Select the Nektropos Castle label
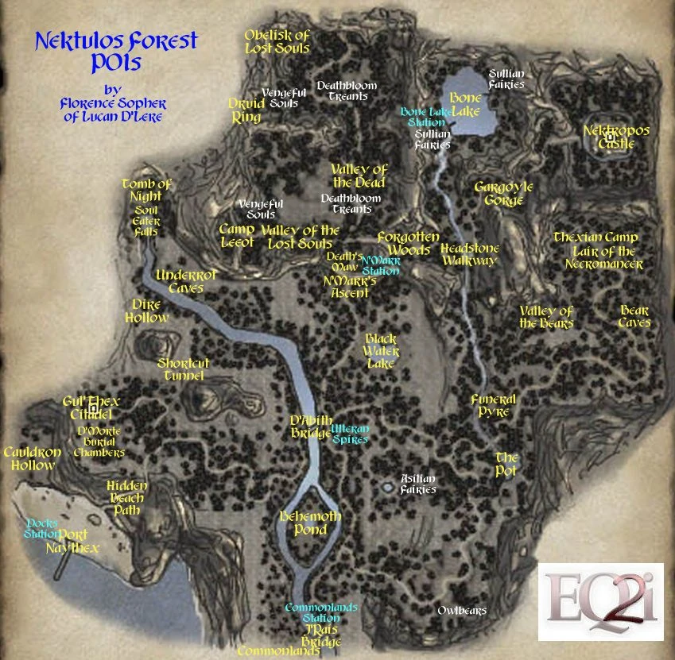(616, 137)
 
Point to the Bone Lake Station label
(426, 118)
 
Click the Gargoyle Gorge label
(503, 194)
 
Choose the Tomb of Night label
(146, 191)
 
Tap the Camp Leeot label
(237, 236)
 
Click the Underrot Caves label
(186, 281)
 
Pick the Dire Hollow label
(147, 311)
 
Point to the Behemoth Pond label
(310, 523)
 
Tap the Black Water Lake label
(380, 350)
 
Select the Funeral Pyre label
(493, 406)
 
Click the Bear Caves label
(634, 316)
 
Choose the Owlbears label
(462, 611)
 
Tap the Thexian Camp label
(595, 237)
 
